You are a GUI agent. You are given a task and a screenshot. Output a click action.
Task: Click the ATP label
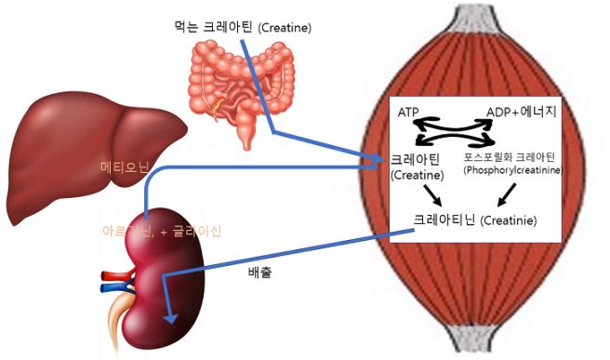pos(409,113)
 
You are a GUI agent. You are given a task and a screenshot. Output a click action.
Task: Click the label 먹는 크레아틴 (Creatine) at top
pos(243,28)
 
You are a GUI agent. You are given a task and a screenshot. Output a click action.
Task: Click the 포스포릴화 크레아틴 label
pos(513,158)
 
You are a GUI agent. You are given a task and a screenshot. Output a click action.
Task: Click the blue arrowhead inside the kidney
pos(168,317)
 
